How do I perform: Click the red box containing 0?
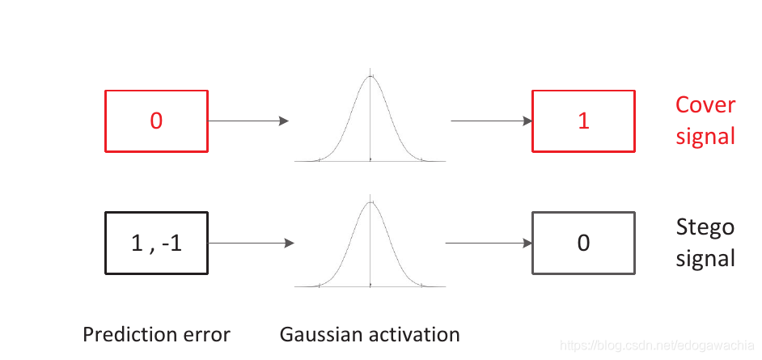156,121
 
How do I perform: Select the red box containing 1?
583,121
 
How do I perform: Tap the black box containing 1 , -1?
156,243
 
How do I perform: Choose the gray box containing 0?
583,243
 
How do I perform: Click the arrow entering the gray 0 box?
489,243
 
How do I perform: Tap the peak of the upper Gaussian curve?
370,76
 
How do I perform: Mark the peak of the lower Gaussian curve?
370,201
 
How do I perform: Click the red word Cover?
705,105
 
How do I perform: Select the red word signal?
705,135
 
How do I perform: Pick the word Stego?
705,227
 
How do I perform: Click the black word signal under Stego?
705,258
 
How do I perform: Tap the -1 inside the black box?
171,243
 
